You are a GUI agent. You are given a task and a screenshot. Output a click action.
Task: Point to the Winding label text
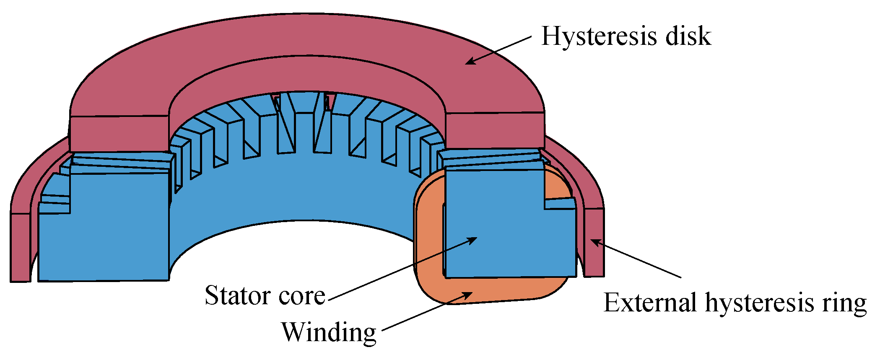pos(329,333)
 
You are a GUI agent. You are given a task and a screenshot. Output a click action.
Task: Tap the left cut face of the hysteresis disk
pos(119,133)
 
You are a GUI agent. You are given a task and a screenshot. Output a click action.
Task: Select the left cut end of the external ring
pos(20,247)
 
